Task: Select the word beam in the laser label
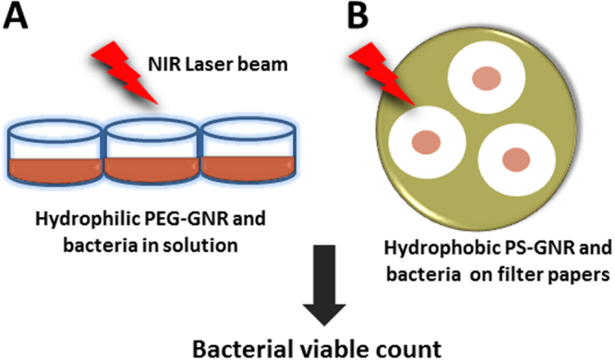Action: pyautogui.click(x=268, y=64)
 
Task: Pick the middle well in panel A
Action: pyautogui.click(x=151, y=151)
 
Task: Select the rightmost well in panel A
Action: pyautogui.click(x=249, y=151)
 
